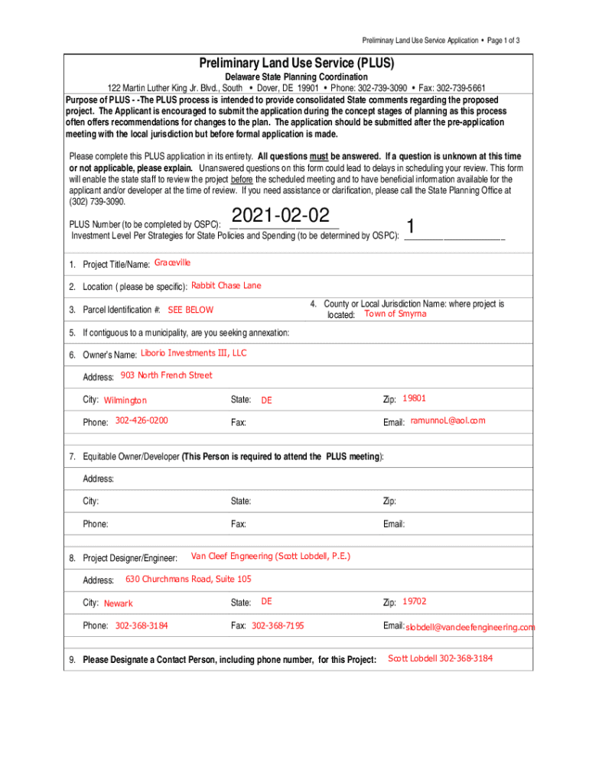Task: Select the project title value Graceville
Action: tap(172, 263)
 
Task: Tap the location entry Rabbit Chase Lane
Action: tap(226, 286)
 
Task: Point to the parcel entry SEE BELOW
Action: tap(190, 310)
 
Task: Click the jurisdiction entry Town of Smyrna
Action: tap(395, 314)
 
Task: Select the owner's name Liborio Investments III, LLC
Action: tap(194, 353)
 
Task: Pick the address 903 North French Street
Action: tap(166, 375)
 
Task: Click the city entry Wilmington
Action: tap(125, 401)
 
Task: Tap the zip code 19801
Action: tap(414, 398)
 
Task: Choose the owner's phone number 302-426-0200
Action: tap(142, 421)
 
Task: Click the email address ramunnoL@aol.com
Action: tap(447, 421)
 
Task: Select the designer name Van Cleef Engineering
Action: tap(270, 556)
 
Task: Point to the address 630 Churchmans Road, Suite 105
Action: tap(188, 579)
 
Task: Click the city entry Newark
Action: tap(118, 603)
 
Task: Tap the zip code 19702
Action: tap(415, 602)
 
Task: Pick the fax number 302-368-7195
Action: tap(278, 626)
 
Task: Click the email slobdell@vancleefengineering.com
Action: tap(470, 627)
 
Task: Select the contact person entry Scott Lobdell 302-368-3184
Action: tap(441, 658)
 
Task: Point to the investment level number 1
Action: tap(412, 227)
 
